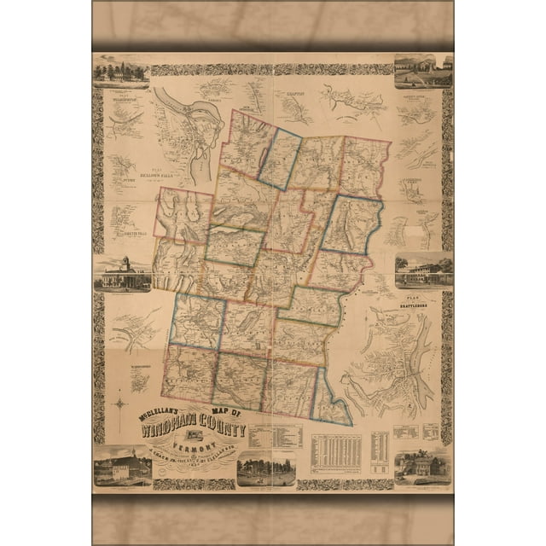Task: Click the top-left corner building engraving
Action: [120, 71]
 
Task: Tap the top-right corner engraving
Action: [424, 72]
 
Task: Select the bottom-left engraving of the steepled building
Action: [123, 467]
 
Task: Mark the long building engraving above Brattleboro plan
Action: [424, 270]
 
